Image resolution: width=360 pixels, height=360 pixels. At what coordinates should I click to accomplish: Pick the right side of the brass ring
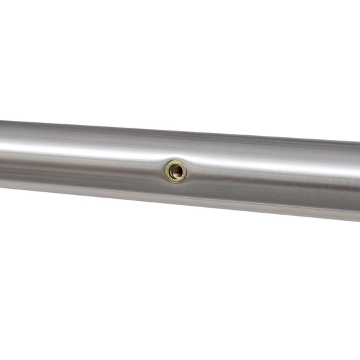point(186,170)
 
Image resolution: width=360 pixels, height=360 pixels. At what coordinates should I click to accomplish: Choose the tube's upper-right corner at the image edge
point(358,141)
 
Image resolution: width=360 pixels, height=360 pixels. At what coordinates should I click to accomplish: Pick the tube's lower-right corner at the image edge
point(358,220)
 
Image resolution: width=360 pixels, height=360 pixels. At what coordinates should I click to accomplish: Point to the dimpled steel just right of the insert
point(197,171)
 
